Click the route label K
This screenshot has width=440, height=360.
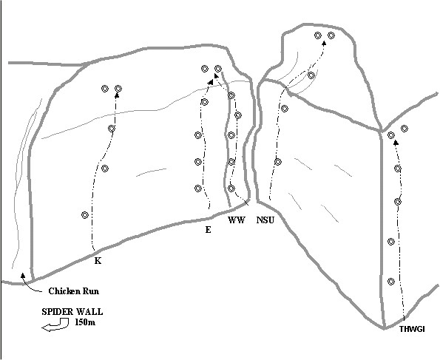98,261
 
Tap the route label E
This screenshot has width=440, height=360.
208,230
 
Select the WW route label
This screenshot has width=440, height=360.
237,220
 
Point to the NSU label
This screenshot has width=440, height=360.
265,220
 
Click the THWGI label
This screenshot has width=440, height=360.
412,329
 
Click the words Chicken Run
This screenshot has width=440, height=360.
74,291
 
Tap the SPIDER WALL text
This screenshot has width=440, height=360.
72,312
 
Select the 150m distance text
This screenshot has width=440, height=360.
85,322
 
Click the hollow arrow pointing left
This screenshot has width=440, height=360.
55,325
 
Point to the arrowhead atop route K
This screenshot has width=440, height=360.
117,95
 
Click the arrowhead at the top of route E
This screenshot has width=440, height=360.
210,81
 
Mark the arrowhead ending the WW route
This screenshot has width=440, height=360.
216,75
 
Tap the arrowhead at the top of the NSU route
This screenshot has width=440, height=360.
324,43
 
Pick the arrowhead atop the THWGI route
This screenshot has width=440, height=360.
396,143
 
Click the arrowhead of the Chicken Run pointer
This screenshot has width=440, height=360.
23,275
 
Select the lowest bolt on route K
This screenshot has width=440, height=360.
85,215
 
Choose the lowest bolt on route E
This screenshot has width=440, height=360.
198,189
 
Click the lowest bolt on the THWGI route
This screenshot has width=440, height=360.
391,281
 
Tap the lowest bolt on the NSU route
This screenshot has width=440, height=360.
278,162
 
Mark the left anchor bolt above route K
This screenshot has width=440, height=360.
105,89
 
